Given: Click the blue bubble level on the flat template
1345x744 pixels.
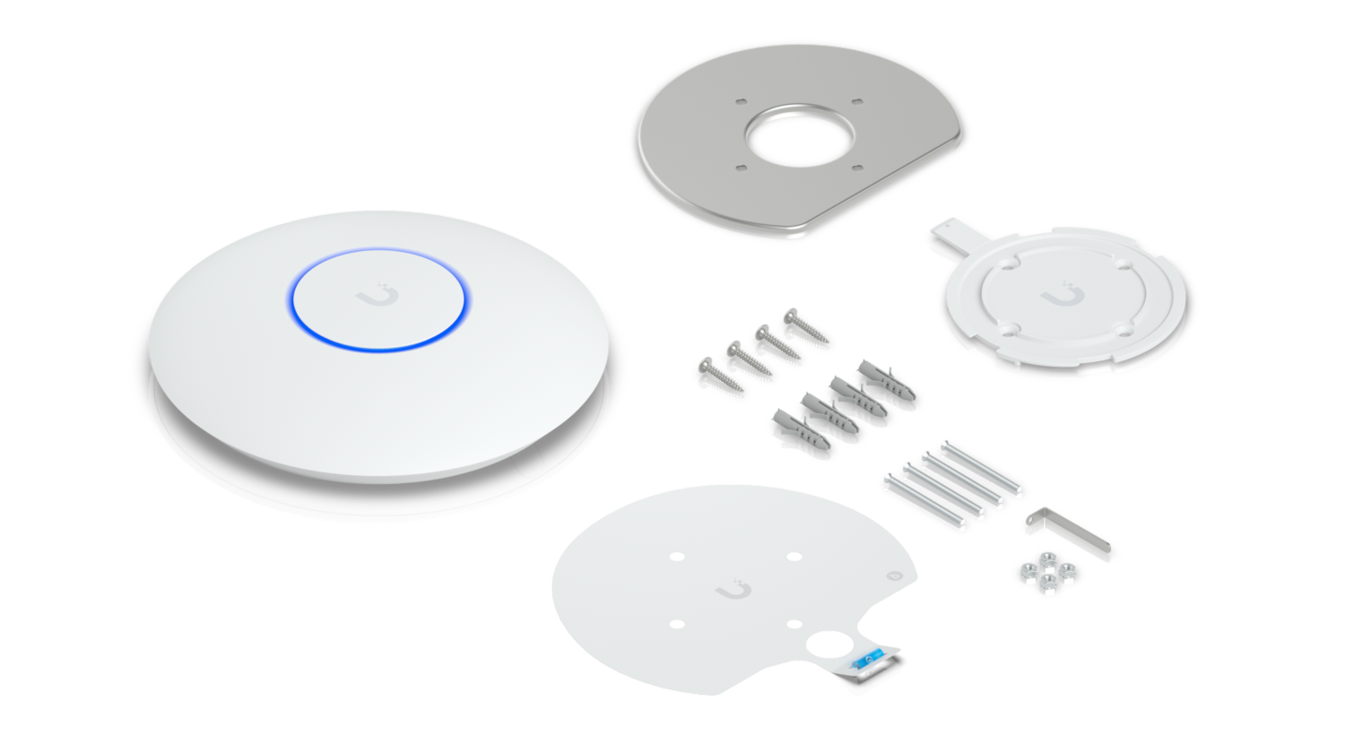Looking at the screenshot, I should click(x=870, y=658).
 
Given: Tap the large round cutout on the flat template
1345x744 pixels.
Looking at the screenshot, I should click(x=832, y=645).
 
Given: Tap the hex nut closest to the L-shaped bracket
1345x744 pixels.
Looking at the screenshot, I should click(x=1067, y=569).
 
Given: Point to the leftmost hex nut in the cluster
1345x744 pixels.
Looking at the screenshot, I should click(x=1025, y=570).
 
